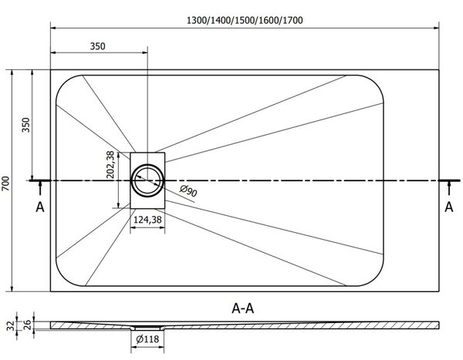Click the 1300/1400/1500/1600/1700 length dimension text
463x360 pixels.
(x=245, y=20)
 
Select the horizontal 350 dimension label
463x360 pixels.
(x=97, y=46)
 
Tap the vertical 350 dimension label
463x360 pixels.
(x=26, y=125)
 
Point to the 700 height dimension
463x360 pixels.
(x=6, y=183)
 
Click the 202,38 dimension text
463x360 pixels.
(x=110, y=165)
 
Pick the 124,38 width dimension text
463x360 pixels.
(x=147, y=220)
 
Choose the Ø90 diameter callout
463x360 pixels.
(x=188, y=190)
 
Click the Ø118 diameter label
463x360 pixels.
(x=147, y=339)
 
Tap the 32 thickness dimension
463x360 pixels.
(x=11, y=326)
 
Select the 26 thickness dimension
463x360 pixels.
(x=27, y=325)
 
